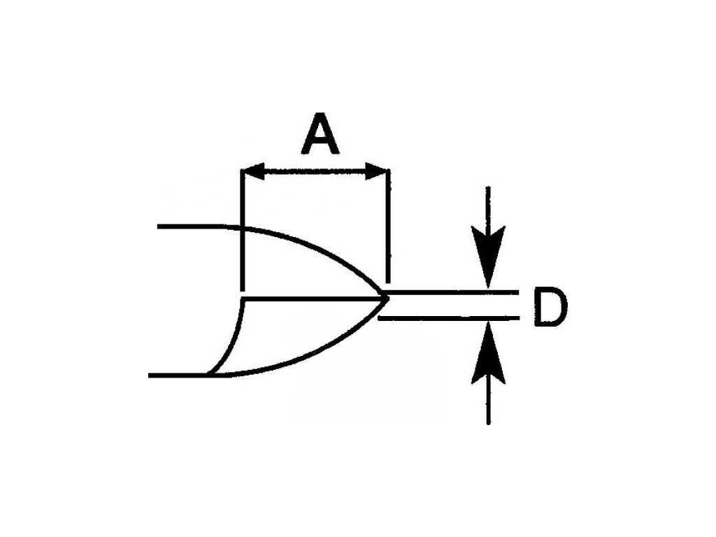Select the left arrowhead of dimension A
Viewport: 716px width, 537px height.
point(252,170)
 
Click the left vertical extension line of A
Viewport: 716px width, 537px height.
point(241,231)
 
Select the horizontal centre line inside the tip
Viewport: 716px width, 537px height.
point(315,299)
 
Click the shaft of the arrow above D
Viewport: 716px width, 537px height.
point(488,210)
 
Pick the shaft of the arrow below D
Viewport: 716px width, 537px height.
point(488,399)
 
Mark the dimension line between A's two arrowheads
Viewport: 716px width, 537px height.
point(315,170)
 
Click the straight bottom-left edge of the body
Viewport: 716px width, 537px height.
point(178,375)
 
